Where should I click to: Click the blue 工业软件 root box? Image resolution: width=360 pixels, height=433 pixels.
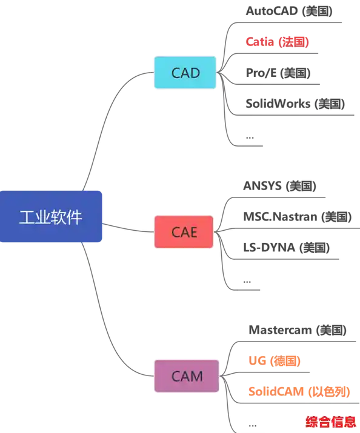pos(53,217)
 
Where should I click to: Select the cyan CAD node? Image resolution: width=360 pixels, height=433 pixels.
pos(185,73)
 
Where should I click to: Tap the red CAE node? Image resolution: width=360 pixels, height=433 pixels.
pos(184,232)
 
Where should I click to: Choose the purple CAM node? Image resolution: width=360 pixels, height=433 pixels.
pos(187,375)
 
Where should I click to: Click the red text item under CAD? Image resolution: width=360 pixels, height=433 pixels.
pos(277,42)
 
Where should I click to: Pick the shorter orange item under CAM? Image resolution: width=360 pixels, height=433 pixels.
pos(275,362)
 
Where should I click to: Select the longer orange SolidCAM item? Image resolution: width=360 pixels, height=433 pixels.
pos(299,391)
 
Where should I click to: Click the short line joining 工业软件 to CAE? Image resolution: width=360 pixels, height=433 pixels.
pos(128,230)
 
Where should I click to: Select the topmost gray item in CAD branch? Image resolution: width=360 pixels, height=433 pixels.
pos(288,11)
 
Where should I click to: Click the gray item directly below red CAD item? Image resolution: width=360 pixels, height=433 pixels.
pos(278,73)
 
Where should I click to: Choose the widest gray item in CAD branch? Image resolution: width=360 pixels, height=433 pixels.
pos(296,104)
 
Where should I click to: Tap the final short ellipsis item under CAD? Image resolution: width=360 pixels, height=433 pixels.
pos(253,143)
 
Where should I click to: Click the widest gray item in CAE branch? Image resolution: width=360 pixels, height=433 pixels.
pos(297,216)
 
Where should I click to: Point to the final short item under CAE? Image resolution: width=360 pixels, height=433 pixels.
pos(247,280)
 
